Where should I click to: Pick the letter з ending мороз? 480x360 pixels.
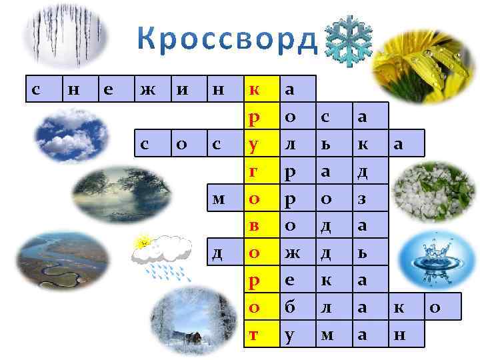[363, 199]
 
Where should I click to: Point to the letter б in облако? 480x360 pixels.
[290, 307]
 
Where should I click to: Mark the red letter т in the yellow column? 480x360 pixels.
[254, 335]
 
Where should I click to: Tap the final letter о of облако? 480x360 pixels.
[435, 307]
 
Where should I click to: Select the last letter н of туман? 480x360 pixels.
[399, 335]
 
